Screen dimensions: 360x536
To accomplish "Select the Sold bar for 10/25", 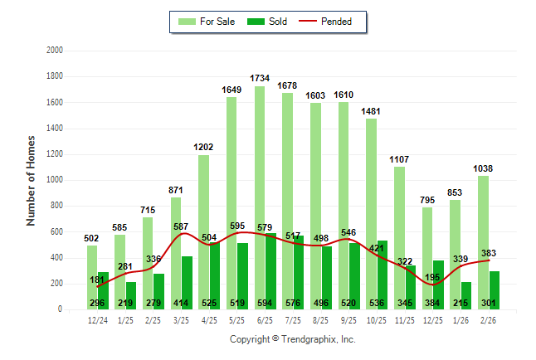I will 382,265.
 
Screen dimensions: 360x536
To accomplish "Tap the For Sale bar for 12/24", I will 92,277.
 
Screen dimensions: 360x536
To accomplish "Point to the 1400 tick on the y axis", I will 56,129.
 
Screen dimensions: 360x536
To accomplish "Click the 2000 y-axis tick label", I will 56,51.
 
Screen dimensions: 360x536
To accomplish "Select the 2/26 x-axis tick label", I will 488,319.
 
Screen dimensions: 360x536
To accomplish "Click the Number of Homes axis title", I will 31,180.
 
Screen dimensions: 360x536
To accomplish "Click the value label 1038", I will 483,168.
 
